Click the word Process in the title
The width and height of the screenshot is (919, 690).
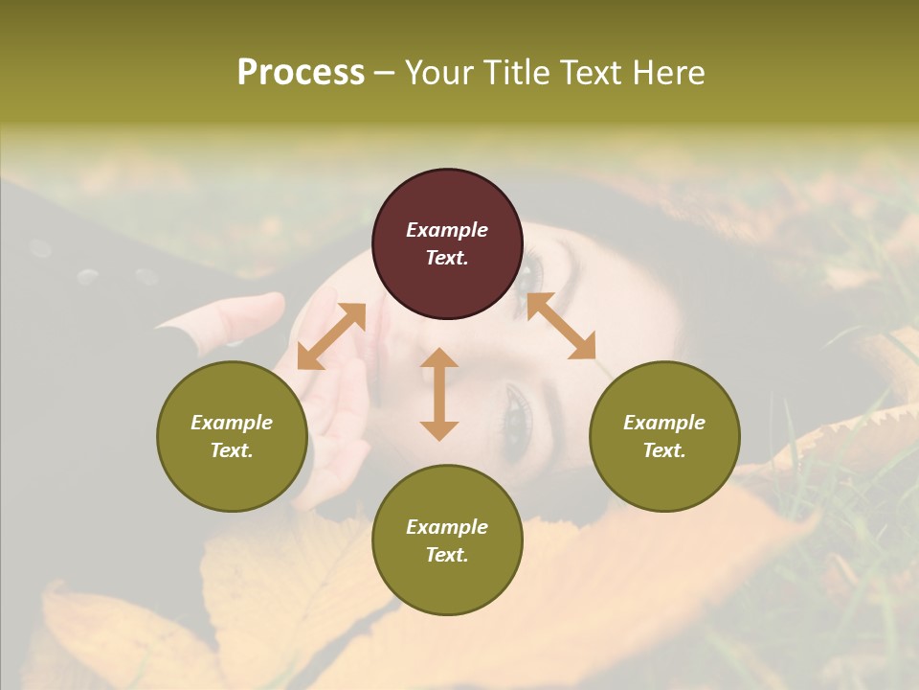(301, 73)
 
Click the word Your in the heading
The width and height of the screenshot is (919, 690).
(438, 73)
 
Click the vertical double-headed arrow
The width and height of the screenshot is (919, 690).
(439, 394)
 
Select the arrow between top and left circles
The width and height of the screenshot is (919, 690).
(331, 335)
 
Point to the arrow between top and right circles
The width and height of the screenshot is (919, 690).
(561, 326)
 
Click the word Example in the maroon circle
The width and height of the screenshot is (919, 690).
(447, 230)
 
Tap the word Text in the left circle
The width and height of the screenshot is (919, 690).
(232, 450)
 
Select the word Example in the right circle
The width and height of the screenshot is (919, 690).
(664, 423)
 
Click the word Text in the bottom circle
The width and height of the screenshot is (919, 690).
(447, 555)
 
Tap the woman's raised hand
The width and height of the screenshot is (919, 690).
(325, 402)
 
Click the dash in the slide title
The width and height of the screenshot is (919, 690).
(384, 73)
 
